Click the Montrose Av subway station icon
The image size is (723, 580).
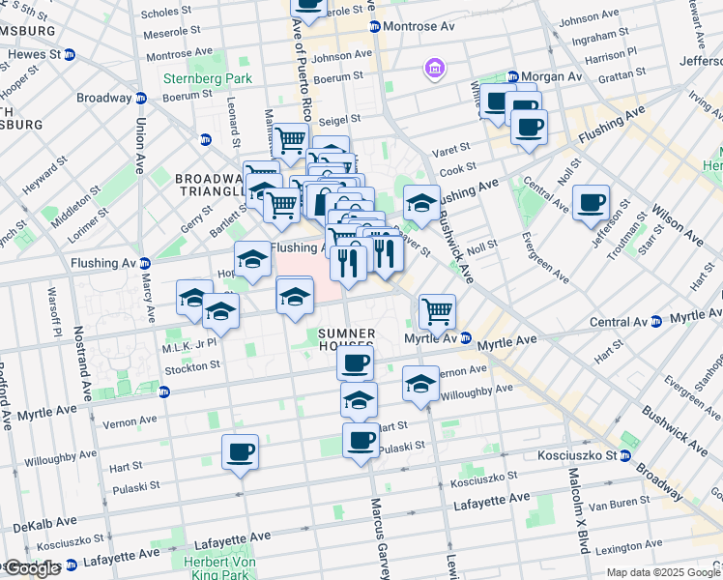[x=375, y=26]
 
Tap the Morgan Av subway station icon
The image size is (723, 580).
[x=513, y=76]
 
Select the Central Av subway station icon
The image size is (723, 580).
[x=656, y=321]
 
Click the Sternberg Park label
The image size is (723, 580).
[x=193, y=78]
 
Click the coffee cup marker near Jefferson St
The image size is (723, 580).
[x=591, y=202]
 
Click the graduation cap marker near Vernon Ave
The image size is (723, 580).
[x=420, y=383]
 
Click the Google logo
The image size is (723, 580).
[x=32, y=568]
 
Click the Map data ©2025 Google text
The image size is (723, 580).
[x=659, y=572]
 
